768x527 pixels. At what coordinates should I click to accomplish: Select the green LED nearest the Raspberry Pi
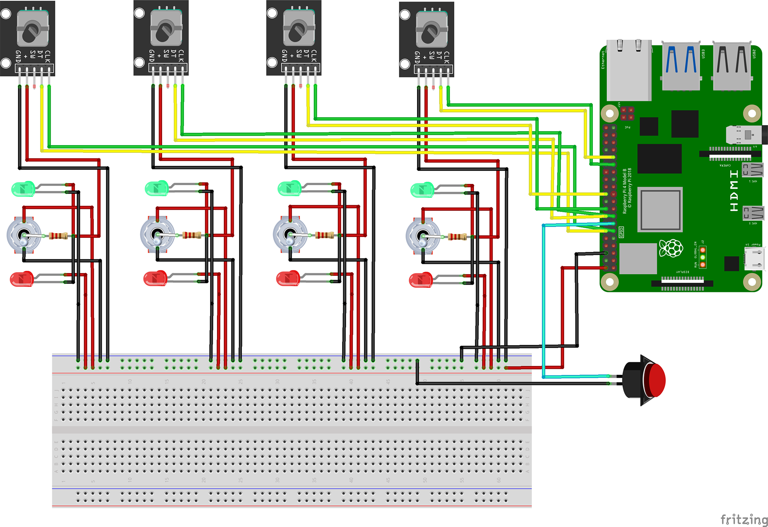pyautogui.click(x=422, y=190)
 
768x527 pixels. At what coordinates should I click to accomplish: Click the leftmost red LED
pyautogui.click(x=22, y=279)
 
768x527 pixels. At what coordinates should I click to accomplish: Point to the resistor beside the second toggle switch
pyautogui.click(x=191, y=235)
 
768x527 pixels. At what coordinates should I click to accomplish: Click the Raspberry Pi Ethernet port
pyautogui.click(x=629, y=69)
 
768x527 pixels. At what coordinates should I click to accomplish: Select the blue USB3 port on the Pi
pyautogui.click(x=681, y=65)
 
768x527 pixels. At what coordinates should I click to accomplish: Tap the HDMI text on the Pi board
pyautogui.click(x=734, y=191)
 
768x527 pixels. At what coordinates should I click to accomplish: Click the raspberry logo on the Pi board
pyautogui.click(x=671, y=248)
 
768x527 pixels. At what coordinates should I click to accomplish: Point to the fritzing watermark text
pyautogui.click(x=743, y=519)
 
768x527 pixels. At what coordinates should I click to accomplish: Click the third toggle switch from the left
pyautogui.click(x=290, y=234)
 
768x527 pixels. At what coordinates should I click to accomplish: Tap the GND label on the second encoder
pyautogui.click(x=152, y=55)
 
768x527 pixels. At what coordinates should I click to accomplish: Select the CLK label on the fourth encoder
pyautogui.click(x=446, y=57)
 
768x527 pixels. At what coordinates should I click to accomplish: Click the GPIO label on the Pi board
pyautogui.click(x=622, y=232)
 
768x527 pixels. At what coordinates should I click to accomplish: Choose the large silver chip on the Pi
pyautogui.click(x=660, y=209)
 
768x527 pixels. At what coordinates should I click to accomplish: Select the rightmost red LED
pyautogui.click(x=420, y=280)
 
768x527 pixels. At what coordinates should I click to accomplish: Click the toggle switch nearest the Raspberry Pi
pyautogui.click(x=422, y=236)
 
